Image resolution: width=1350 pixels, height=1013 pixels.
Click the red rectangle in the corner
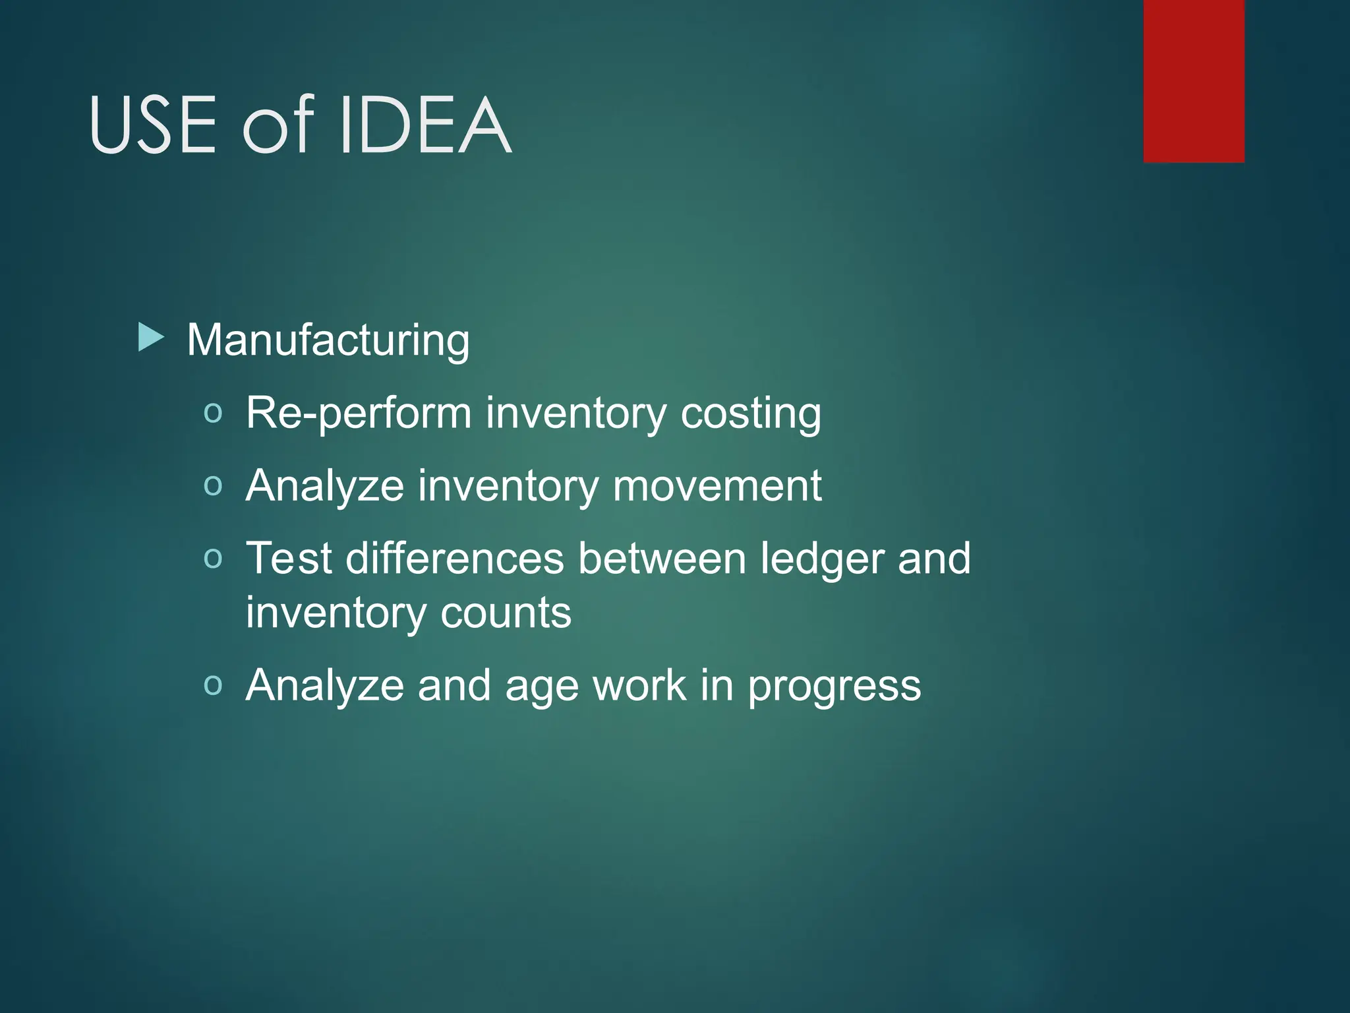point(1194,80)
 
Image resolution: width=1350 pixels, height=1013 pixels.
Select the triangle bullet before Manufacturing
point(151,338)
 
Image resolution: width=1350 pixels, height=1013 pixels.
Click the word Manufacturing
point(328,340)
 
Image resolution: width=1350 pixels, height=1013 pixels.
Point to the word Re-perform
point(359,414)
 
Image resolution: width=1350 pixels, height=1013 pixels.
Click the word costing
point(751,414)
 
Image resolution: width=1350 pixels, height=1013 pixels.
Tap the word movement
point(717,486)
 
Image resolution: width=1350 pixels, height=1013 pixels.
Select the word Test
point(288,559)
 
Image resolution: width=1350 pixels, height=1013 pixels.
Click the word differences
point(455,559)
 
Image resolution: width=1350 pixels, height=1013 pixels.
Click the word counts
point(506,613)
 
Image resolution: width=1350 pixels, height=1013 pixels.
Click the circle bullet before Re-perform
point(213,414)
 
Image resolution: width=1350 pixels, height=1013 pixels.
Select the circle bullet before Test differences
point(213,559)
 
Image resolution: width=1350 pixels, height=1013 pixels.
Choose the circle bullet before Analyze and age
point(213,685)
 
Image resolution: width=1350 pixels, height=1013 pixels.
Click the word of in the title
point(278,125)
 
